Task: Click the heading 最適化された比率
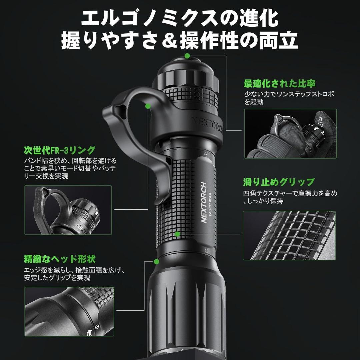point(279,83)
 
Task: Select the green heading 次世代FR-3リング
point(60,150)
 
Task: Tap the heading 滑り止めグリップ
point(279,182)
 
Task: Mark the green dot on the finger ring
point(148,106)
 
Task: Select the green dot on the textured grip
point(178,234)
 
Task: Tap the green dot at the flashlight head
point(156,260)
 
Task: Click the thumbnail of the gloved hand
point(290,134)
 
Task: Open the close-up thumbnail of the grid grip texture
point(289,235)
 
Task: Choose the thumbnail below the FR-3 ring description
point(68,210)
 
